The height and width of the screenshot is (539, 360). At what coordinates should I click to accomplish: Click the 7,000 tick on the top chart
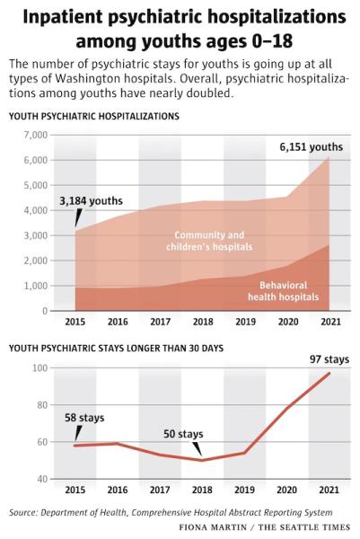[35, 135]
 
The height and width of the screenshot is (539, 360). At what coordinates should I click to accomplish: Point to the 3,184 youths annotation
[91, 200]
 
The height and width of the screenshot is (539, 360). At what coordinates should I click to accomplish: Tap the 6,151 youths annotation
[312, 147]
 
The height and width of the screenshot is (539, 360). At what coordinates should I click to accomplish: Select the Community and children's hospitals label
[209, 241]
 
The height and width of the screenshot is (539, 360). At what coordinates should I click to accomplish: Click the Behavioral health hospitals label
[284, 291]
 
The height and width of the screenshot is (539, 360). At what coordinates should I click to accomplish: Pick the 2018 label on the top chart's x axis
[203, 322]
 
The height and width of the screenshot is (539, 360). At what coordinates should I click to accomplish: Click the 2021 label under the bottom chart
[329, 490]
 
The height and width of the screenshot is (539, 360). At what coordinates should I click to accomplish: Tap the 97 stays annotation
[329, 359]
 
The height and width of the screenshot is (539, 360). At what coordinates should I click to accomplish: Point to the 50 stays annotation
[183, 434]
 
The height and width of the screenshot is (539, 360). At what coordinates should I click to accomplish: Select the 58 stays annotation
[84, 418]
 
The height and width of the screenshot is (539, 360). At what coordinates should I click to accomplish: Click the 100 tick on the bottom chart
[40, 368]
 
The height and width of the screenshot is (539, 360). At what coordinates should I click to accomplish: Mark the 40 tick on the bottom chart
[41, 479]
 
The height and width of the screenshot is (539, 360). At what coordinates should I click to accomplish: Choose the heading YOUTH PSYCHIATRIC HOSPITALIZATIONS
[94, 116]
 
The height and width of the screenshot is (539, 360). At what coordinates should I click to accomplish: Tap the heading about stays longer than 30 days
[116, 349]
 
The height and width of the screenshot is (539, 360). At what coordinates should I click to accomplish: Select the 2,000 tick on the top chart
[35, 261]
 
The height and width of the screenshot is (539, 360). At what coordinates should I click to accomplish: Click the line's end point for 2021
[329, 374]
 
